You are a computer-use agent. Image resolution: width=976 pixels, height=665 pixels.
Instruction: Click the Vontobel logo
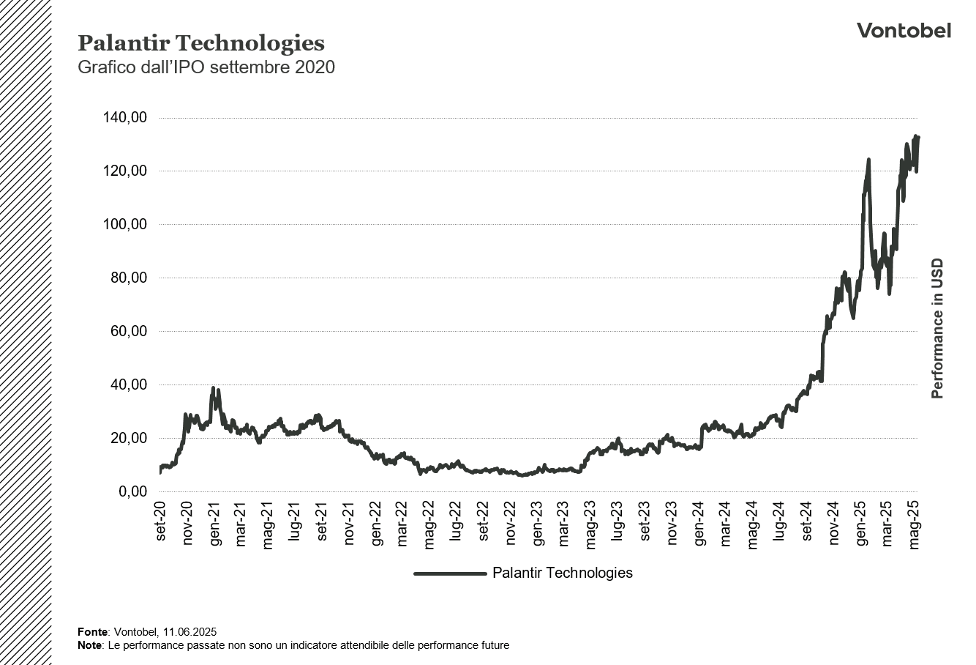click(904, 30)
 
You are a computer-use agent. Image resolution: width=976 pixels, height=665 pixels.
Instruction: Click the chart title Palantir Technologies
click(200, 43)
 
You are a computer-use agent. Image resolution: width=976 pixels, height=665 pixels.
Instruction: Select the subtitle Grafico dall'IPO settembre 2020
click(206, 67)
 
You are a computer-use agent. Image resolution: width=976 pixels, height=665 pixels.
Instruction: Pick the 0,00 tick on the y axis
click(133, 492)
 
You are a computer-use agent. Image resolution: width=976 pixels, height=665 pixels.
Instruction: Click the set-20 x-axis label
click(161, 521)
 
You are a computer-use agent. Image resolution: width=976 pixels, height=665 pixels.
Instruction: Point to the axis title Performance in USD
click(937, 329)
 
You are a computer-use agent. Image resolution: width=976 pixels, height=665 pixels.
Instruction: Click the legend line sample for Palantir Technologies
click(449, 573)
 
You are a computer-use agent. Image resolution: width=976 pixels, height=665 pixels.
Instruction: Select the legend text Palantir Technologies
click(562, 573)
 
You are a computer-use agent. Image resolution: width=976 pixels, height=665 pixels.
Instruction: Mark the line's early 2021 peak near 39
click(213, 388)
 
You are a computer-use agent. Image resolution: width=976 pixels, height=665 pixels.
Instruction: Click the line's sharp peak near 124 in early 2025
click(868, 160)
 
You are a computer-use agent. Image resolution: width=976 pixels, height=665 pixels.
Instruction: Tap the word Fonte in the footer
click(92, 631)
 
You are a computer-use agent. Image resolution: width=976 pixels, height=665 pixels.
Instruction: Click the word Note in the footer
click(90, 645)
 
